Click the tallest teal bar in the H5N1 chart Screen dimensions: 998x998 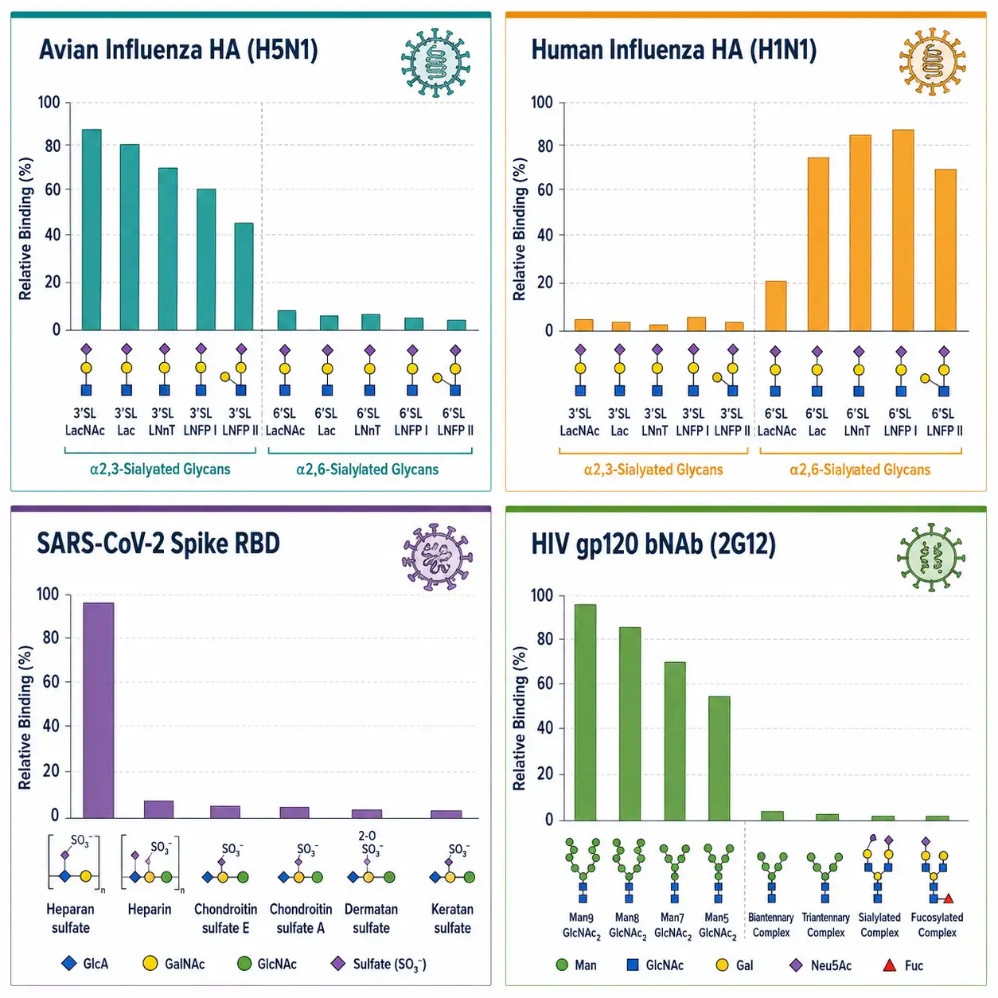click(x=92, y=229)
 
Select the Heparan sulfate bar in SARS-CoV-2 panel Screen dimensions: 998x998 click(x=99, y=710)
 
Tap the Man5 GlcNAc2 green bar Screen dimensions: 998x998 click(x=719, y=758)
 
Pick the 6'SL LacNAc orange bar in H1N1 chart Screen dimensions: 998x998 click(x=775, y=306)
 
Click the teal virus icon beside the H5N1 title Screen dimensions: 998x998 click(x=435, y=62)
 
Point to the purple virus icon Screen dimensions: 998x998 click(x=437, y=557)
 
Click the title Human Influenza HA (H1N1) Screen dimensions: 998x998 click(x=673, y=51)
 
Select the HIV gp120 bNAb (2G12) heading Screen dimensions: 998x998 click(x=653, y=544)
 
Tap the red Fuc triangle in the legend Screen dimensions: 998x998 click(x=889, y=965)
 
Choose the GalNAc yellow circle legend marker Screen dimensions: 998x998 click(x=150, y=963)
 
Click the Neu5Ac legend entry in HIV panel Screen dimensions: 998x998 click(x=820, y=965)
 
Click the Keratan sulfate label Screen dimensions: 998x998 click(x=452, y=918)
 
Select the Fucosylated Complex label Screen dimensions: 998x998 click(x=937, y=925)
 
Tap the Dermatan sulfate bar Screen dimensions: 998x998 click(x=367, y=813)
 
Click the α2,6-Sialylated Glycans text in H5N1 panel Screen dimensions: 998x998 click(x=367, y=470)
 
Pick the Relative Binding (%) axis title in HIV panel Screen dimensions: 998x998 click(x=519, y=719)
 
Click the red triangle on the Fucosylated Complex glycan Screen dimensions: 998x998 click(x=949, y=898)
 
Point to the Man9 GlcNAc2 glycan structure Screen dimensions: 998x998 click(x=583, y=871)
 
